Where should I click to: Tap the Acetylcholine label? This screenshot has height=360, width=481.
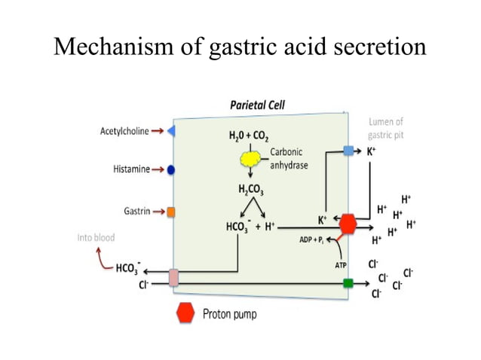(124, 131)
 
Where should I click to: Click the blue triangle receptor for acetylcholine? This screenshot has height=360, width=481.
(171, 131)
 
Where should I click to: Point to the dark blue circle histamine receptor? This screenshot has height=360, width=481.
(171, 170)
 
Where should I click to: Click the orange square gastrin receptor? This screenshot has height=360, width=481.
(171, 212)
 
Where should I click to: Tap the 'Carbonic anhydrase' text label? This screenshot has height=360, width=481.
(289, 158)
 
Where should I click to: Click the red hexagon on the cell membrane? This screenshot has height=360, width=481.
(348, 224)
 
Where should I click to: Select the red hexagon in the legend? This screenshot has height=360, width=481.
(185, 313)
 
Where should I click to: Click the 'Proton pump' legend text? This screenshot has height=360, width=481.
(229, 313)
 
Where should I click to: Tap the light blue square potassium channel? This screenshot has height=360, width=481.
(348, 151)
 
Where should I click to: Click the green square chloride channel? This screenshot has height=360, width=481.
(348, 283)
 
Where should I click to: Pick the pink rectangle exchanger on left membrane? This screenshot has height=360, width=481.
(173, 277)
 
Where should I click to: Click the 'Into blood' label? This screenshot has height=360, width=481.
(96, 237)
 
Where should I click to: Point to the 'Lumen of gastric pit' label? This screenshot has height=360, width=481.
(385, 128)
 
